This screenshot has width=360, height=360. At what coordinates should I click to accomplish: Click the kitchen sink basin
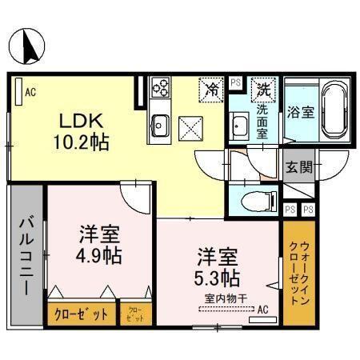click(160, 123)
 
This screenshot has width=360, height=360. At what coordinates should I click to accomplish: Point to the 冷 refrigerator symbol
click(212, 89)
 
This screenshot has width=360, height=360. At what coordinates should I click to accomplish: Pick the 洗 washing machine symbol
click(262, 89)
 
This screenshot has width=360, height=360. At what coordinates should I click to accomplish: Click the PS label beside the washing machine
click(235, 82)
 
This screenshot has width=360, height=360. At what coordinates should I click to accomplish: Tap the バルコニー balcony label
click(26, 254)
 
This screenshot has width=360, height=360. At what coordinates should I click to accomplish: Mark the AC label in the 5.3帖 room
click(262, 309)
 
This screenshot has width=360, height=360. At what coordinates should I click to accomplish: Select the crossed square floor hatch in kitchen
click(191, 126)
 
